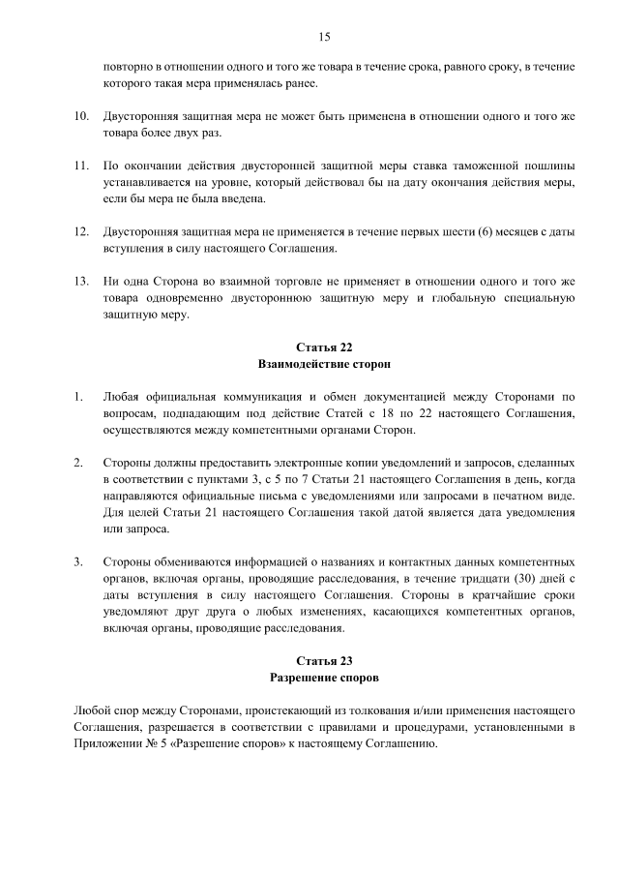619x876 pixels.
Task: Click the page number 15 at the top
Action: (325, 36)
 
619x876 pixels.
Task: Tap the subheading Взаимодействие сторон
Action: (325, 366)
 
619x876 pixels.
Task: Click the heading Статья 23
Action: (325, 661)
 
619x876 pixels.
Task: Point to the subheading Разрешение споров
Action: (325, 679)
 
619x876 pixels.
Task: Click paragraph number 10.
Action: (81, 116)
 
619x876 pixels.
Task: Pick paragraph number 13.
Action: (81, 281)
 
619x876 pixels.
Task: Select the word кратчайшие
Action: (516, 596)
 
